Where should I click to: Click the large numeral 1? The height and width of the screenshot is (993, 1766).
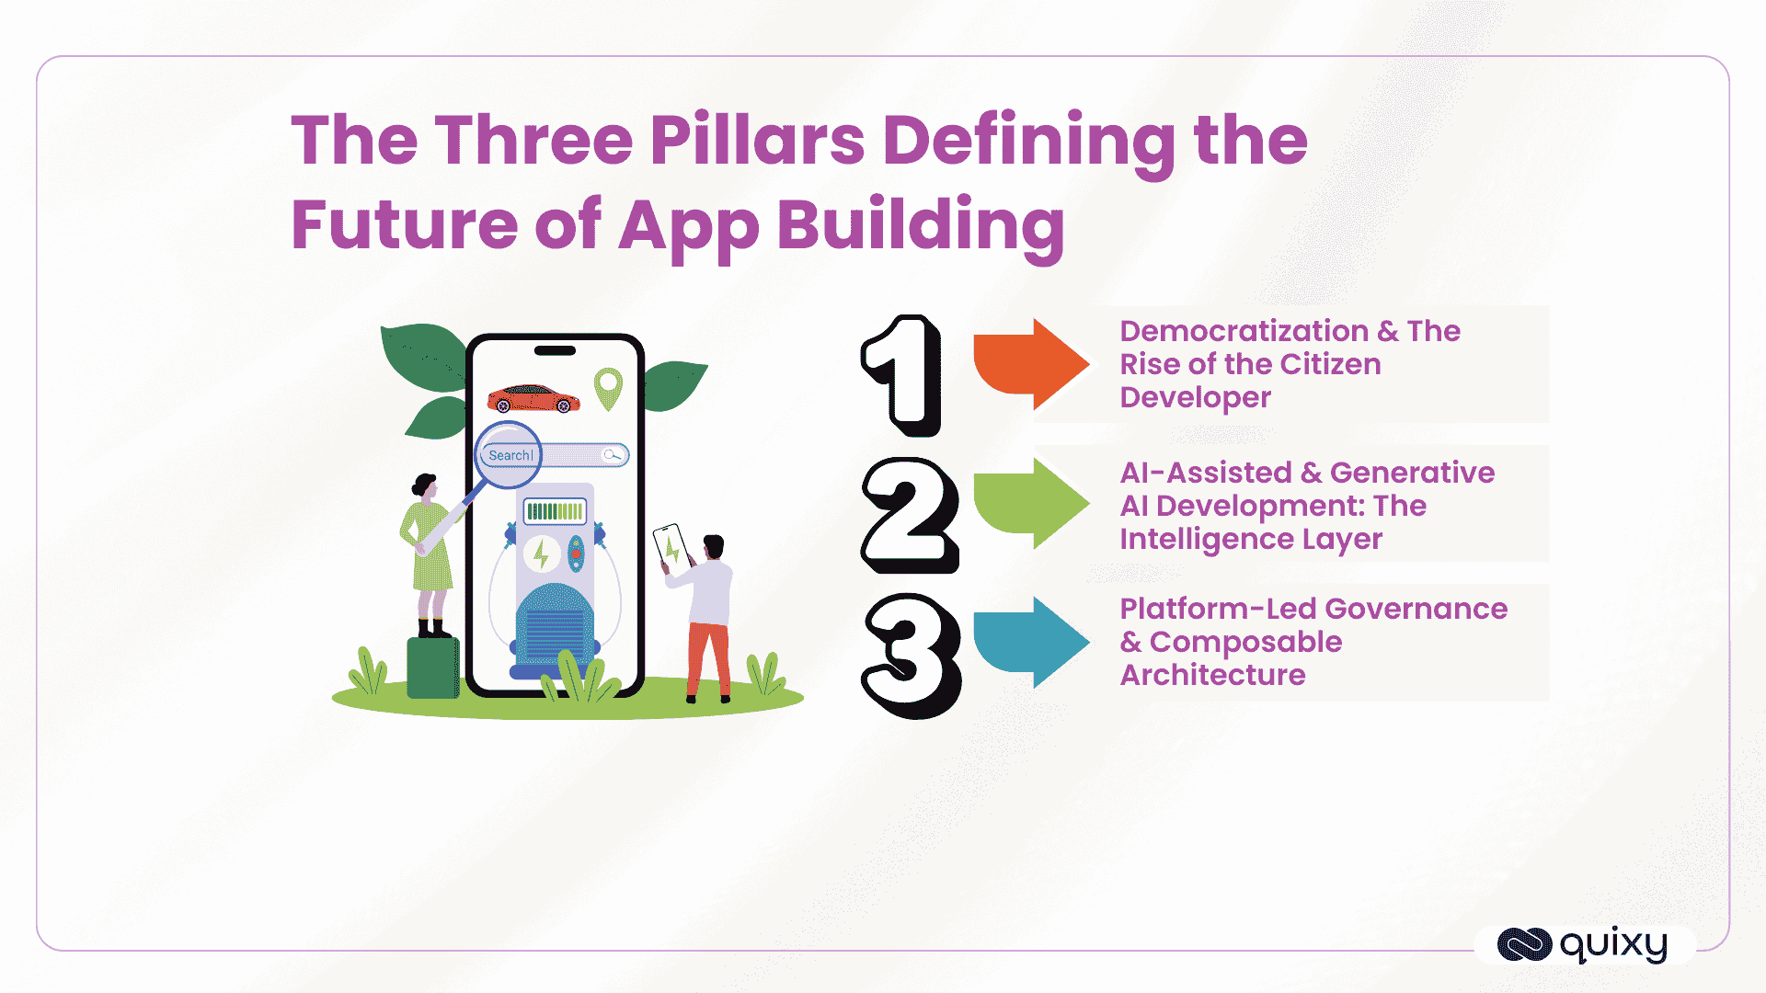click(x=904, y=375)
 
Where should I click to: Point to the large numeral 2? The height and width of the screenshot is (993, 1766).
click(x=910, y=515)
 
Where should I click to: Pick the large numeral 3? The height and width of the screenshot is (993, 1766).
click(x=912, y=655)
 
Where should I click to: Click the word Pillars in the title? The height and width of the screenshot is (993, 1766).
click(x=757, y=141)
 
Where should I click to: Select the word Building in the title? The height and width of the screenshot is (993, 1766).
click(x=921, y=226)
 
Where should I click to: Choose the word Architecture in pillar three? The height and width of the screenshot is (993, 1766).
click(x=1212, y=675)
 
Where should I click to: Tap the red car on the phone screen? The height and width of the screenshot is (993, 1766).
click(x=533, y=399)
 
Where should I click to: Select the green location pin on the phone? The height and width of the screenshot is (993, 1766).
click(x=608, y=388)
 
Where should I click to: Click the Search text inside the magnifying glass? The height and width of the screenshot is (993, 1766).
click(x=510, y=455)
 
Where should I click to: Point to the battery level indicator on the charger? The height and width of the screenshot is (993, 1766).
click(x=555, y=511)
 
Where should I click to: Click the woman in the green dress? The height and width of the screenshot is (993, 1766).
click(x=428, y=552)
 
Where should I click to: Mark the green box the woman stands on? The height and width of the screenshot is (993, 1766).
click(x=432, y=668)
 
